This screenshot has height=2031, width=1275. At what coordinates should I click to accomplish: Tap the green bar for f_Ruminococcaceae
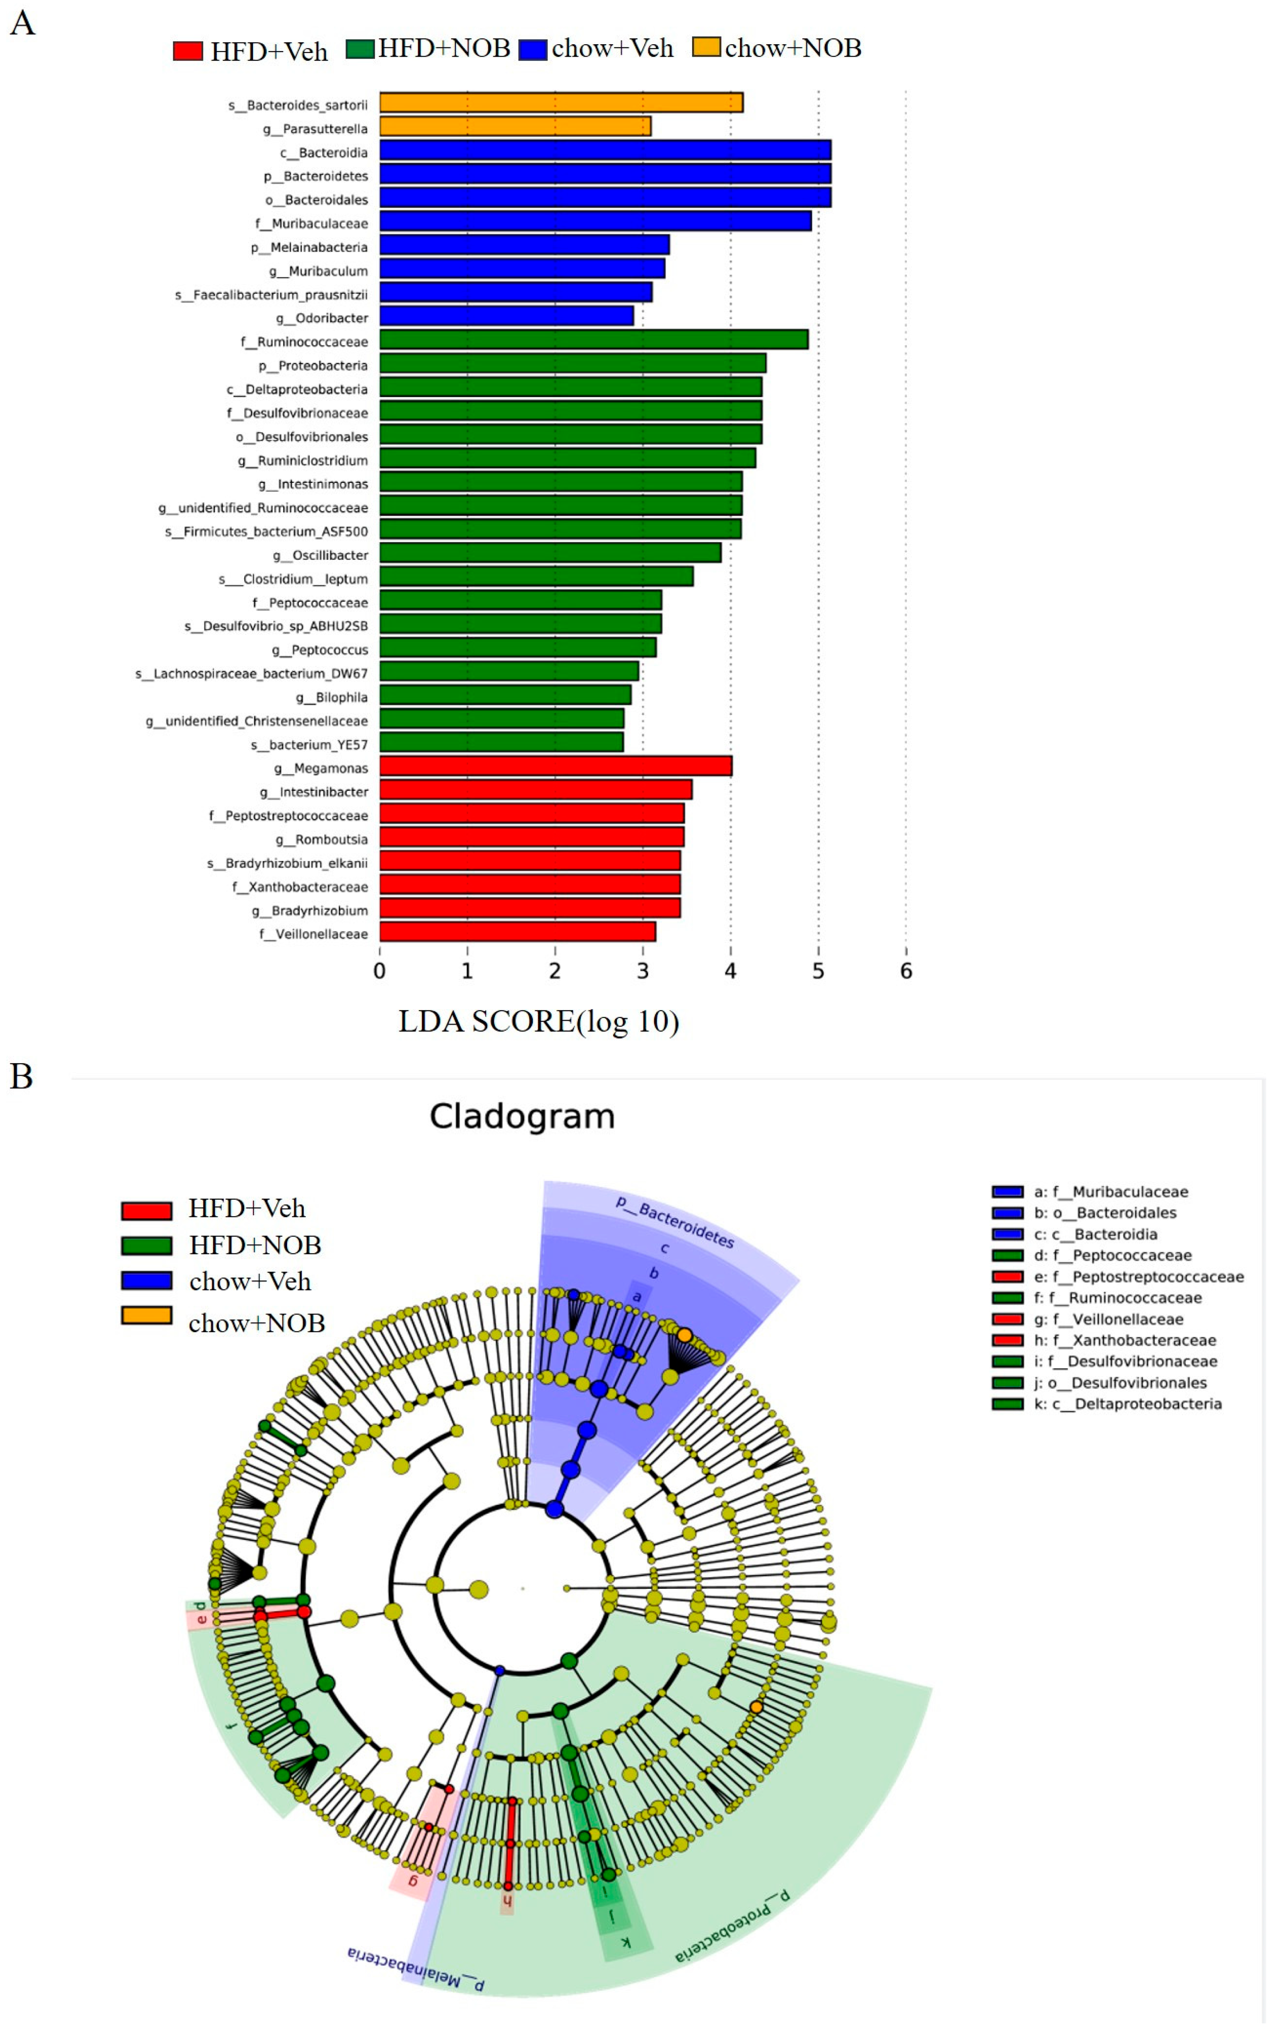pyautogui.click(x=594, y=340)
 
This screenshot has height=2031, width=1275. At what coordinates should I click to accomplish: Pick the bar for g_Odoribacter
pyautogui.click(x=506, y=316)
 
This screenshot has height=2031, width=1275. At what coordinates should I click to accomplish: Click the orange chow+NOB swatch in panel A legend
pyautogui.click(x=706, y=47)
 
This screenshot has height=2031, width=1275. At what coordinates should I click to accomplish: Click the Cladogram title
pyautogui.click(x=522, y=1116)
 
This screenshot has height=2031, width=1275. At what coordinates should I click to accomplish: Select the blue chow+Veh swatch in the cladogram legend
pyautogui.click(x=147, y=1281)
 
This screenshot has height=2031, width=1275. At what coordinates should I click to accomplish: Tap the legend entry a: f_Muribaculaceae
pyautogui.click(x=1111, y=1191)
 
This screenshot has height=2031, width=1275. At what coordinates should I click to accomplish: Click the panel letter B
pyautogui.click(x=21, y=1077)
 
